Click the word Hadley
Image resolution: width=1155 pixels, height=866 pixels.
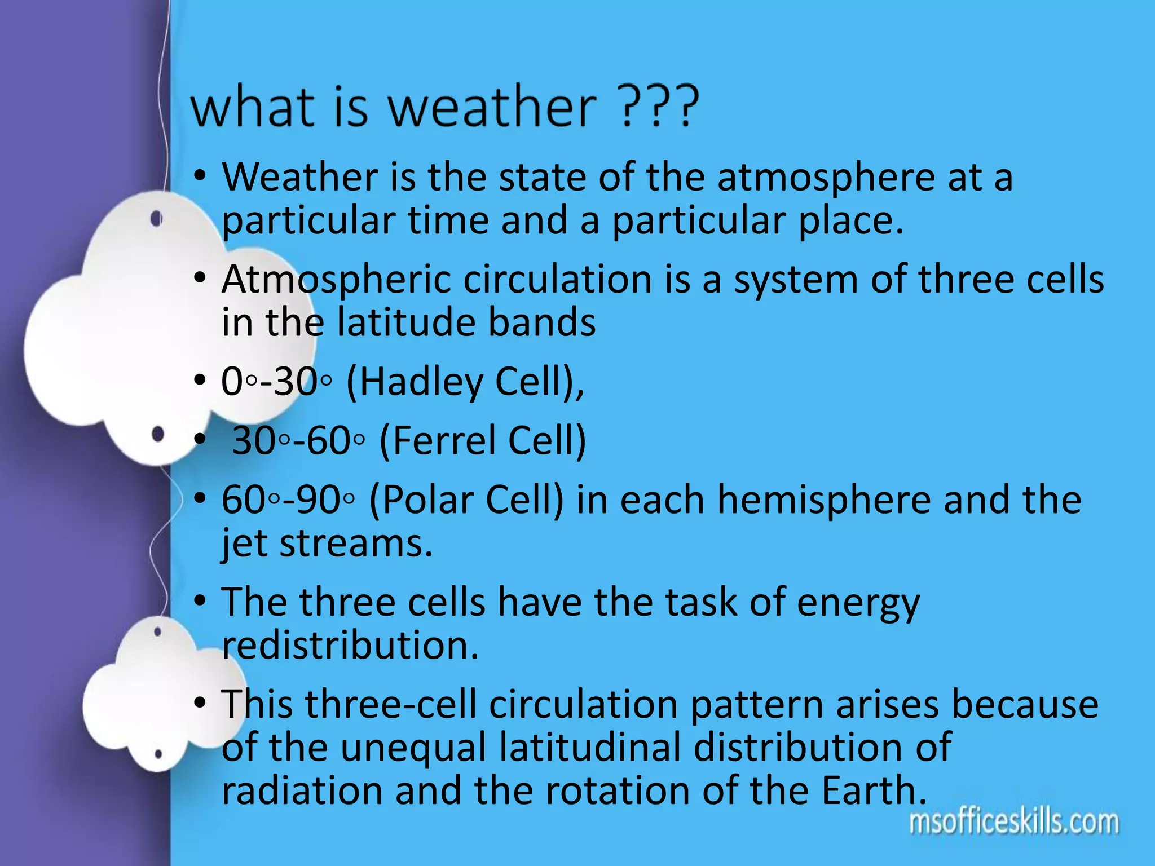tap(421, 382)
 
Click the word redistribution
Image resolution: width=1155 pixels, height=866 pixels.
tap(350, 646)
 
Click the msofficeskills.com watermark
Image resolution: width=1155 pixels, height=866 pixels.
tap(1013, 823)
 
